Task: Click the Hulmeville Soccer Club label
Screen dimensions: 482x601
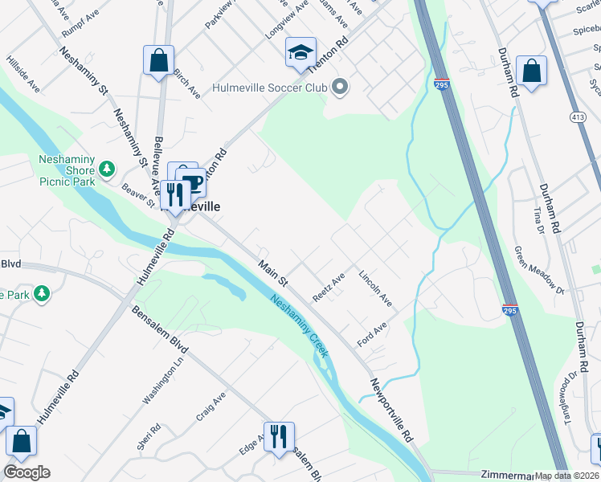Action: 270,88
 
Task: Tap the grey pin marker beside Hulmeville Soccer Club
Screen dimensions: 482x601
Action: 340,87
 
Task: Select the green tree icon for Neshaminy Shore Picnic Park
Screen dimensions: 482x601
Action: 106,170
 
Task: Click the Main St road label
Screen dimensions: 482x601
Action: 272,273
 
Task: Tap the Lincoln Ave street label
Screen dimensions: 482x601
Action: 375,288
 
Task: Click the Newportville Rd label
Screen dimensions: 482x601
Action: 391,410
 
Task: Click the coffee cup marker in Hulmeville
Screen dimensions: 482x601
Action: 190,182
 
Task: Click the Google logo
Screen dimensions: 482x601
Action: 27,472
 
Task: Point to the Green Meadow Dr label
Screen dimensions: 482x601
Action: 539,268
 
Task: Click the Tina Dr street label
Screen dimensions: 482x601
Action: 538,216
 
